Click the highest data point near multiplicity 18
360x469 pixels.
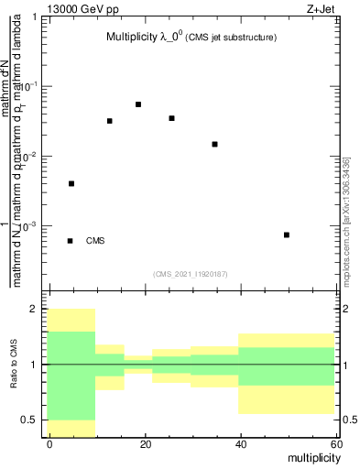click(138, 104)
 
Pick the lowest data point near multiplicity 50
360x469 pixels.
click(287, 234)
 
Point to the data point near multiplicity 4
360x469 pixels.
click(71, 183)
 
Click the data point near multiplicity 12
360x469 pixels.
click(110, 121)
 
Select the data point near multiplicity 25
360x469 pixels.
click(171, 118)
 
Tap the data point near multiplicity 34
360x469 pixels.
click(214, 144)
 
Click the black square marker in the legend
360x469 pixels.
click(71, 241)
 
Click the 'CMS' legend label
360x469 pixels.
click(95, 241)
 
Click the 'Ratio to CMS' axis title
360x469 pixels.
click(27, 364)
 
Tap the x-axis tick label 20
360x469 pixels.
click(145, 442)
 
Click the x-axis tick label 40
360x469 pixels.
click(239, 442)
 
